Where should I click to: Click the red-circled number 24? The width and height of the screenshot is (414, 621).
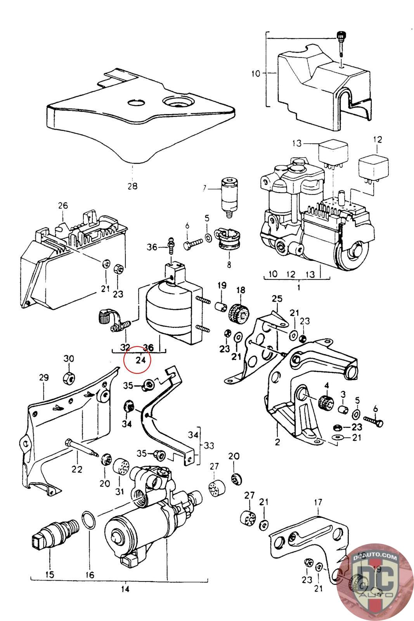tap(140, 360)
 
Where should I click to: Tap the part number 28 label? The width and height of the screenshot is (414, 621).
tap(132, 186)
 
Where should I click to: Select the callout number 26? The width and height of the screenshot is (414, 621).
tap(63, 206)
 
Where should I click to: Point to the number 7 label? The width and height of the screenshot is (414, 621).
tap(204, 189)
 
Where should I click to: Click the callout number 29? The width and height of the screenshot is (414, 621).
tap(43, 377)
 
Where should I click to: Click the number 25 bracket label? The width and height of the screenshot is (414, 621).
tap(277, 299)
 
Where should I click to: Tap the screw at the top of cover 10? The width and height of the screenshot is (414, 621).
tap(341, 43)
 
